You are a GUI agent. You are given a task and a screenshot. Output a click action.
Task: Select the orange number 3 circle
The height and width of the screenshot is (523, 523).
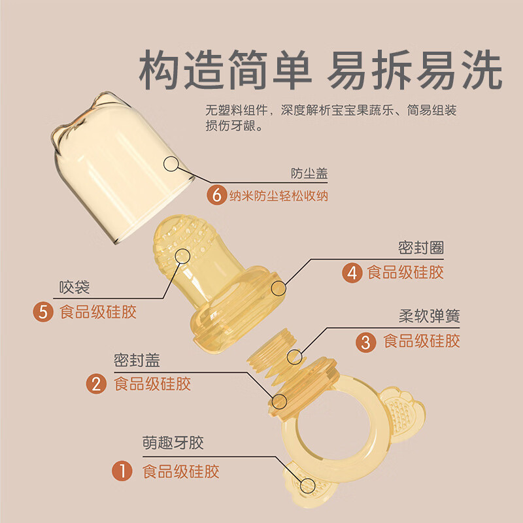(x=367, y=341)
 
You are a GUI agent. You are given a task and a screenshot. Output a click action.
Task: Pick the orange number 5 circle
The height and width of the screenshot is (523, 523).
(x=44, y=311)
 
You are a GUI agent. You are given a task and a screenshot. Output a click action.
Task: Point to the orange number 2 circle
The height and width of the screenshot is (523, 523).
(x=98, y=384)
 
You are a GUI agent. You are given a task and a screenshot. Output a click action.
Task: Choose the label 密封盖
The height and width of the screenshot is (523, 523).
(x=137, y=360)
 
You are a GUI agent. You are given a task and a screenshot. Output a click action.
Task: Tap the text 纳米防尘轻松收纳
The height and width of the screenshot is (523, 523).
(x=278, y=195)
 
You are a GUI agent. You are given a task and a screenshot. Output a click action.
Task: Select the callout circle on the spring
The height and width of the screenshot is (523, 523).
(x=295, y=357)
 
